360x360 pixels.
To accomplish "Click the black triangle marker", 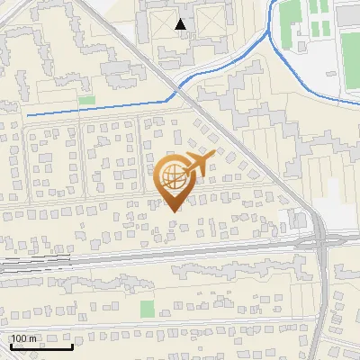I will (x=182, y=24).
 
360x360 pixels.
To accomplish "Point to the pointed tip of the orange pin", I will (x=174, y=211).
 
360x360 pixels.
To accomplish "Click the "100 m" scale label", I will (x=24, y=338).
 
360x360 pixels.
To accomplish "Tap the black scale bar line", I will (x=41, y=346).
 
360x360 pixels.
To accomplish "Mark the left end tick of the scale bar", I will (x=11, y=345).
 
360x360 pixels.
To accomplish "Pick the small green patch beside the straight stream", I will (x=86, y=101).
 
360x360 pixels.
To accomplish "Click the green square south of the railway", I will (x=148, y=309).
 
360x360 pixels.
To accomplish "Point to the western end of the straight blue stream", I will (x=27, y=115).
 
